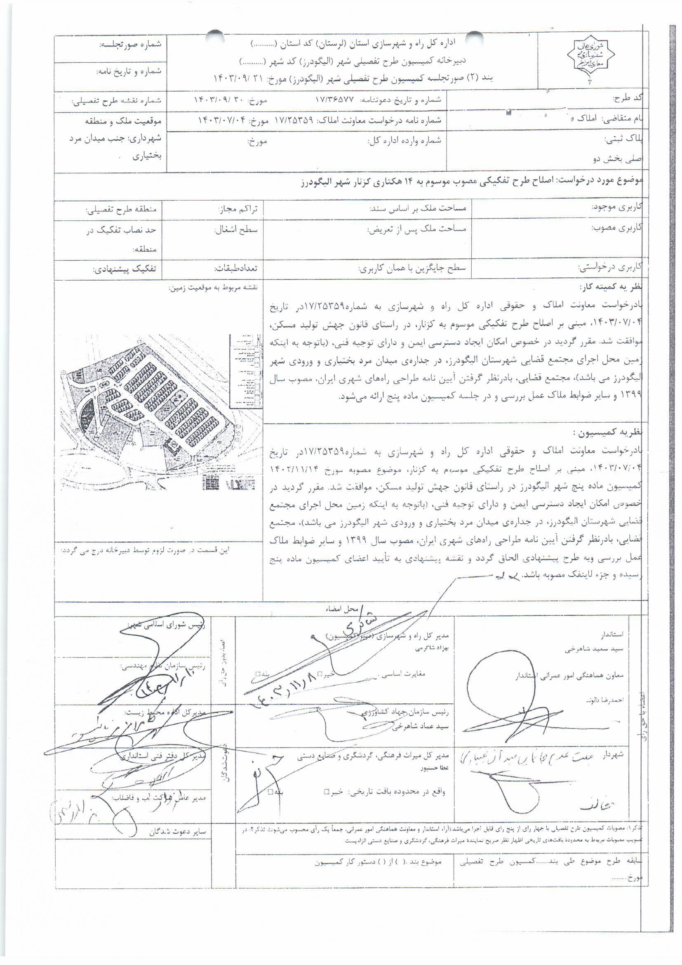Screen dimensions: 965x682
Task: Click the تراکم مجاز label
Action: tap(238, 208)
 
